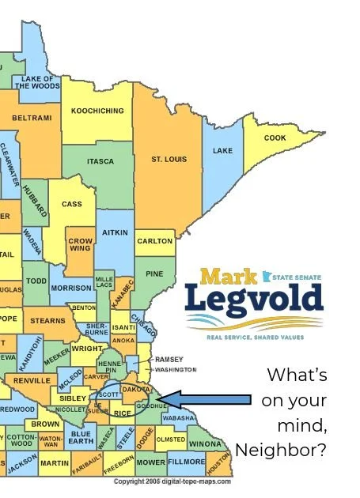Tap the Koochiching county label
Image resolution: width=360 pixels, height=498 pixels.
pyautogui.click(x=97, y=111)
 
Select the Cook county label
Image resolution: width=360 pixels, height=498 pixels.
pyautogui.click(x=275, y=138)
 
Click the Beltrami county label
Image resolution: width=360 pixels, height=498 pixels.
pyautogui.click(x=32, y=118)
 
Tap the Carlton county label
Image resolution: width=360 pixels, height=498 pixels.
pyautogui.click(x=154, y=241)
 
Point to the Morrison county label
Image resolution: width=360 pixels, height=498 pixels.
pyautogui.click(x=72, y=289)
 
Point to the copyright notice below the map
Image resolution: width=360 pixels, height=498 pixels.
pyautogui.click(x=173, y=481)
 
